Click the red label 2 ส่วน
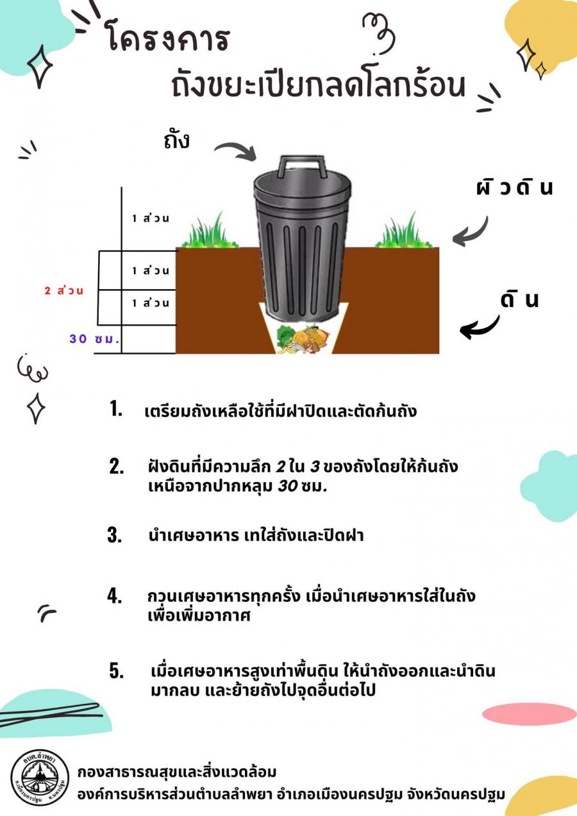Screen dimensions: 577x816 [x=63, y=290]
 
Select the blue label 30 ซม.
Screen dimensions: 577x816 [x=94, y=339]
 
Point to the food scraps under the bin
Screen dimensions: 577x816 [x=303, y=338]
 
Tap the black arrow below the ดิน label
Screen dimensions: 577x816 [x=480, y=328]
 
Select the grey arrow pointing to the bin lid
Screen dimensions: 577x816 [x=236, y=151]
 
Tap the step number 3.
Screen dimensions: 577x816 [x=115, y=535]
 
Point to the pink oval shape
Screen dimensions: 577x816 [x=530, y=714]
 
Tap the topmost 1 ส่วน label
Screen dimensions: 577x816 [x=151, y=218]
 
